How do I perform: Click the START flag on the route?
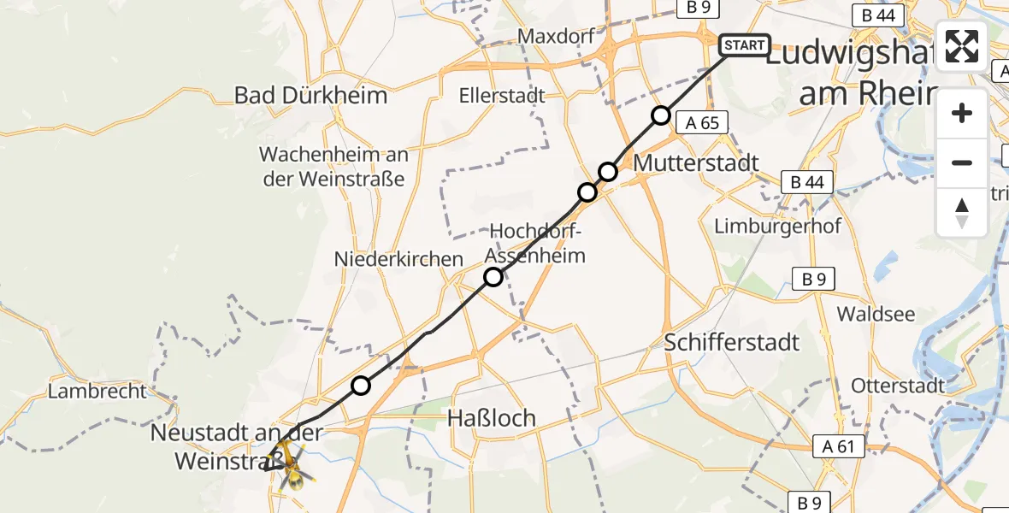pos(745,45)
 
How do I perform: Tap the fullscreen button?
pos(962,46)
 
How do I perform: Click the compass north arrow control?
pos(962,213)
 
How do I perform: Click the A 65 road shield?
pos(702,122)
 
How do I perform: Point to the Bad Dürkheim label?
pos(311,95)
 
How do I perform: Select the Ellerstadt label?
pos(501,95)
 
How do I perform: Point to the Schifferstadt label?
pos(733,343)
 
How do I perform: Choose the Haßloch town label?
pos(493,418)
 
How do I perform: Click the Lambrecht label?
pos(97,392)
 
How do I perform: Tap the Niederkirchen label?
pos(398,258)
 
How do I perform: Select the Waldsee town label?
pos(876,314)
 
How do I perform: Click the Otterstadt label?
pos(898,386)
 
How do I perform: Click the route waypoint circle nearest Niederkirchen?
pos(493,277)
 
